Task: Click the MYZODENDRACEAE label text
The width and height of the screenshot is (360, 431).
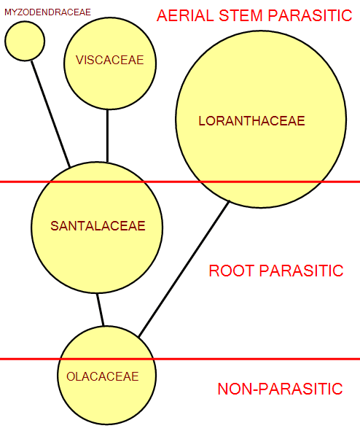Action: (x=47, y=12)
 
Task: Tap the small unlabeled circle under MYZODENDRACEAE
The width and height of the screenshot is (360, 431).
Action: (x=25, y=42)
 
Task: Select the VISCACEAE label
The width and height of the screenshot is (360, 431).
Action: (x=110, y=60)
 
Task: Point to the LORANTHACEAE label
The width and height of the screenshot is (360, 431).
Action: (x=251, y=121)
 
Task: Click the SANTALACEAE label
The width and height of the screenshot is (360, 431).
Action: (x=98, y=226)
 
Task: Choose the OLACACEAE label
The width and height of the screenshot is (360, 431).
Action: (x=103, y=376)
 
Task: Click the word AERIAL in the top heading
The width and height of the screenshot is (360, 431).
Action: (x=185, y=15)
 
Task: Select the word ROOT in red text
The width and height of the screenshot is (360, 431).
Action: (x=231, y=271)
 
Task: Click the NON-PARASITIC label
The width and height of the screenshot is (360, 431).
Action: (x=280, y=389)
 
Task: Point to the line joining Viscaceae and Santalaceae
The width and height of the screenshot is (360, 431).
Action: (x=107, y=136)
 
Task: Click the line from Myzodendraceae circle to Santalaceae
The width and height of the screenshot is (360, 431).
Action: (x=50, y=114)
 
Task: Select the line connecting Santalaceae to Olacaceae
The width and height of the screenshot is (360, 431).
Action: (x=101, y=310)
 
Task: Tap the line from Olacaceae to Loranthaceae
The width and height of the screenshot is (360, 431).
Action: (x=184, y=269)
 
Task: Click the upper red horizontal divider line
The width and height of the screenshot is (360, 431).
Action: (x=180, y=182)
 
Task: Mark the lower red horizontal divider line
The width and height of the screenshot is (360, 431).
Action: (x=180, y=359)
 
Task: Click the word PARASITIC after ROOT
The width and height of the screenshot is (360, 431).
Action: (x=301, y=271)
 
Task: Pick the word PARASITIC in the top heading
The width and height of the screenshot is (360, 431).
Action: (x=310, y=15)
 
